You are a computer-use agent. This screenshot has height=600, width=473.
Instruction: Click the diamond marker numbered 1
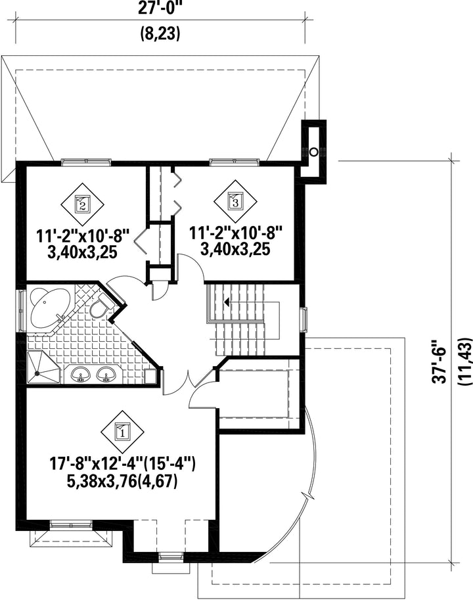(123, 431)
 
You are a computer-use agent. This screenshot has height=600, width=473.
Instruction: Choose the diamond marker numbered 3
(235, 200)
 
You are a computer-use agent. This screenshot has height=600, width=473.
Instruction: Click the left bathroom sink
(81, 375)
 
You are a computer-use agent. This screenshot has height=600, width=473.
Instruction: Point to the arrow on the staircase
(227, 303)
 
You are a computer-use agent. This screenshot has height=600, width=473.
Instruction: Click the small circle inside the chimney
(313, 152)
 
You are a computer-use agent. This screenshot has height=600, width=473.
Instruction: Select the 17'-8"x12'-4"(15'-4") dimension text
(123, 464)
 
